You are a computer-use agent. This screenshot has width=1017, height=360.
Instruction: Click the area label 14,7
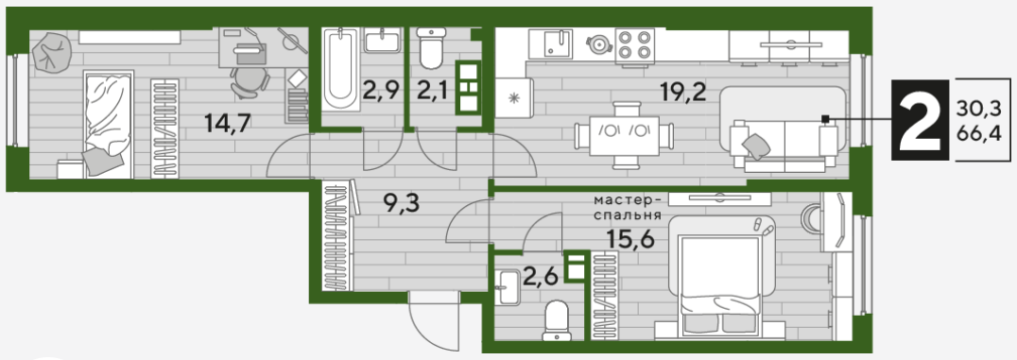[x=227, y=122]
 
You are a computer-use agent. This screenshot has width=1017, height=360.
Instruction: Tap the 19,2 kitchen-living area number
[x=682, y=94]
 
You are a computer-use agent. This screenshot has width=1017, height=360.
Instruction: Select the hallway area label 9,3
[x=401, y=204]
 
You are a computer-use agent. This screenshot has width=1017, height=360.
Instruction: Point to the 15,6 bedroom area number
[x=631, y=239]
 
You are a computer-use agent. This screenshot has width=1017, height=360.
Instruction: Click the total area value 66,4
[x=978, y=134]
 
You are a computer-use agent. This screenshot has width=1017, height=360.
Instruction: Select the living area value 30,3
[x=978, y=108]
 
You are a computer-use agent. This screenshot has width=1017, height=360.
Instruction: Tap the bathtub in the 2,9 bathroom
[x=340, y=69]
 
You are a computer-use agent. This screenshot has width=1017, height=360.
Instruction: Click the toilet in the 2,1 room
[x=431, y=48]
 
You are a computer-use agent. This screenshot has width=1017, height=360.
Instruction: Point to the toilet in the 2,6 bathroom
[x=557, y=320]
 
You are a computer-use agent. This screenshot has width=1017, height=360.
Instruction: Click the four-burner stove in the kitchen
[x=634, y=44]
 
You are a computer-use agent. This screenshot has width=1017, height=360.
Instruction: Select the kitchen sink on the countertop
[x=550, y=44]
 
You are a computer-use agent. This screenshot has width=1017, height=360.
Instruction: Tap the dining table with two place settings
[x=625, y=135]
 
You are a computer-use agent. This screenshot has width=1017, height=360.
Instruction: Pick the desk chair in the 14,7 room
[x=250, y=82]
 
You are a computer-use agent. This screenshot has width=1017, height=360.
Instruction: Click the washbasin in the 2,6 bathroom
[x=508, y=287]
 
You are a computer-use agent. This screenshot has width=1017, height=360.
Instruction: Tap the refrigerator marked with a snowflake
[x=513, y=98]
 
